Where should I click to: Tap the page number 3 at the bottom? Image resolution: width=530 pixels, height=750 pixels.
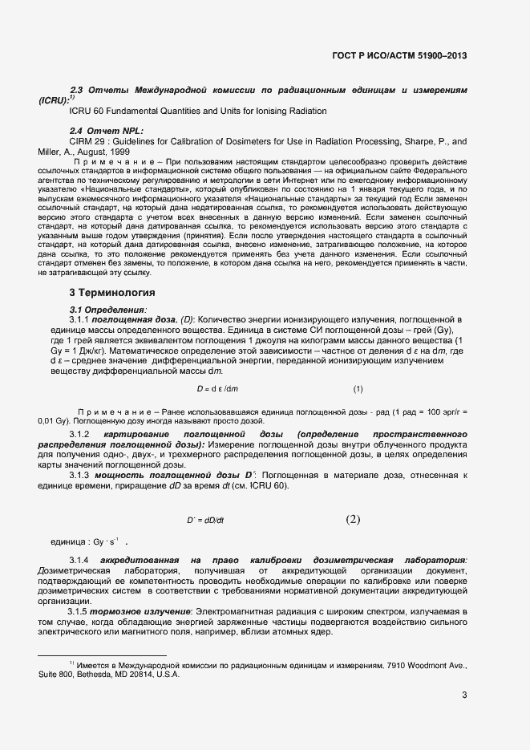pyautogui.click(x=464, y=695)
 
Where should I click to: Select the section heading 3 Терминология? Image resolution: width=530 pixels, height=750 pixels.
pyautogui.click(x=112, y=291)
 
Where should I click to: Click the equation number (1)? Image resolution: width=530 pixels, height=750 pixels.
pyautogui.click(x=358, y=390)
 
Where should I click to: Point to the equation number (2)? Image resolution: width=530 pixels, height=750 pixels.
pyautogui.click(x=354, y=519)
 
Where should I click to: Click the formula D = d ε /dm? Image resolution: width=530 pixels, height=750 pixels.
pyautogui.click(x=218, y=390)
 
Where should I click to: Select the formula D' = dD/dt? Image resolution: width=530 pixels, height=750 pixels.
pyautogui.click(x=206, y=520)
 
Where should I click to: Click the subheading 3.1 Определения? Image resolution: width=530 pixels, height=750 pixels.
pyautogui.click(x=108, y=309)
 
